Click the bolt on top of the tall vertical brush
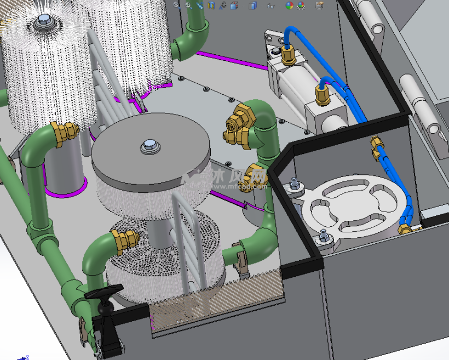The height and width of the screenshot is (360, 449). [43, 23]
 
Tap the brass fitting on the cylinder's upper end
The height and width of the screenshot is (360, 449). [287, 54]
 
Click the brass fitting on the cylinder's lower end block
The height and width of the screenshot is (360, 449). [323, 94]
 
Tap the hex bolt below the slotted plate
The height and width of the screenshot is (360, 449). [325, 237]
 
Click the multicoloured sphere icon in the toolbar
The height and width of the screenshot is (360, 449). [289, 5]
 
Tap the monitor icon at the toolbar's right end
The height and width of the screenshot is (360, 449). [320, 5]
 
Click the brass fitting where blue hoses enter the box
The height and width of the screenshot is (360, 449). [377, 147]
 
